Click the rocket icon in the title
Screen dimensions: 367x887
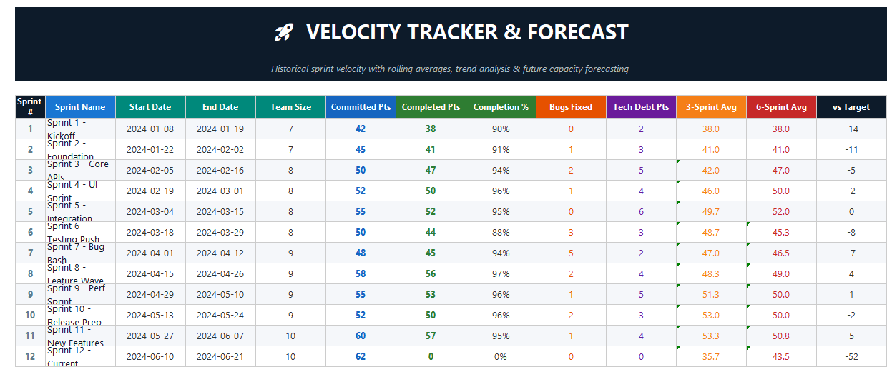284,32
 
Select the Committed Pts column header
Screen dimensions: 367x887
361,107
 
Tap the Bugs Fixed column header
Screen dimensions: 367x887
571,107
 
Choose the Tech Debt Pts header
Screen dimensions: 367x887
641,107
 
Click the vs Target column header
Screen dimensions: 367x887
851,107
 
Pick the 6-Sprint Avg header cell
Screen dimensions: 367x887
781,107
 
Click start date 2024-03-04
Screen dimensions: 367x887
150,211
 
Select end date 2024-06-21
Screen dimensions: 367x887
220,356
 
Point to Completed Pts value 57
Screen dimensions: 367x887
431,336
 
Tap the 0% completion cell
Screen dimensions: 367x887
501,356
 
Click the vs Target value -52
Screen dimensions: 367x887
851,356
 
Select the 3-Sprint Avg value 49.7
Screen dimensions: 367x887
711,211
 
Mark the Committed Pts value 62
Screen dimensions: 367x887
361,356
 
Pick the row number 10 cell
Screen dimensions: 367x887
30,315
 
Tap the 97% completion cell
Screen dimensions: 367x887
501,273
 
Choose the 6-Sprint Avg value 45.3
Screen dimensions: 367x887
781,232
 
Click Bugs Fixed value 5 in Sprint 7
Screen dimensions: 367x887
571,253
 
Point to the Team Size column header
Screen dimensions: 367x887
290,107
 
